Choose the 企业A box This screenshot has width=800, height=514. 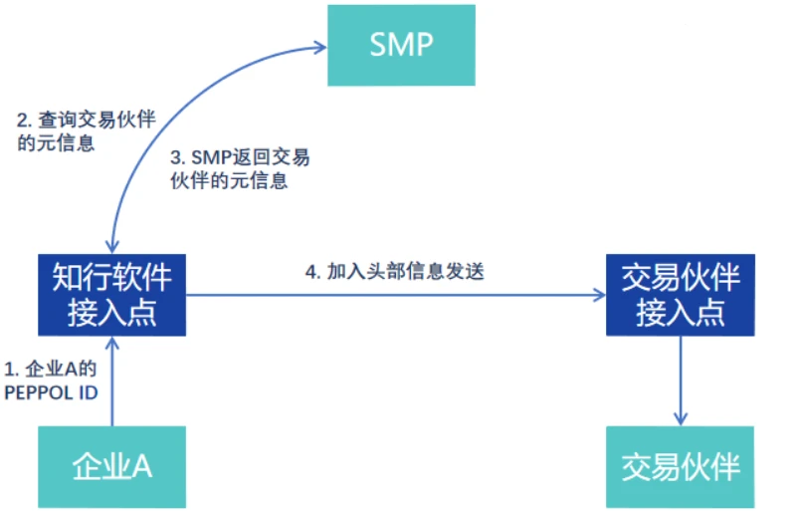click(x=111, y=465)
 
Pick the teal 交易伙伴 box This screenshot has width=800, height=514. click(x=680, y=465)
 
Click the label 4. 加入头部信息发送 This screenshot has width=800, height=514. click(x=394, y=271)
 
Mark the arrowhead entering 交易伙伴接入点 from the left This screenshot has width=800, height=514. click(x=598, y=295)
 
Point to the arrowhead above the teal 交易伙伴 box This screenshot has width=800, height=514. click(x=680, y=417)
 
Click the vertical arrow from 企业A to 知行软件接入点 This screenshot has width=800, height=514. click(x=113, y=384)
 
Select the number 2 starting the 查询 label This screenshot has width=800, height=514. click(x=22, y=120)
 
